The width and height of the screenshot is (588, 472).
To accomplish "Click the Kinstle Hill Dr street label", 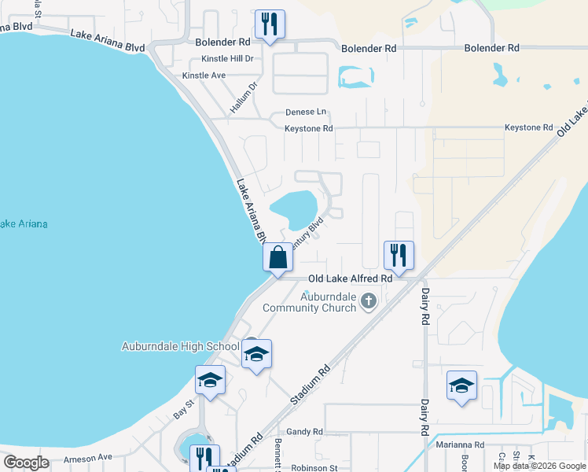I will (227, 58).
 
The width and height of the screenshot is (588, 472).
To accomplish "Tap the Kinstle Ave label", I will (204, 76).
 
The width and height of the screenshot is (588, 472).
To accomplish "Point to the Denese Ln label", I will (305, 112).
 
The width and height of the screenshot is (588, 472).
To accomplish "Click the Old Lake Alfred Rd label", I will (350, 278).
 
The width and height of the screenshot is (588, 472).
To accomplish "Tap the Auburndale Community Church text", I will (311, 301).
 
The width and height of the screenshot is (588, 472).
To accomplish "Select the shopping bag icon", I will (278, 257).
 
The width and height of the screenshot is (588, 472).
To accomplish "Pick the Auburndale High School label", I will (181, 346).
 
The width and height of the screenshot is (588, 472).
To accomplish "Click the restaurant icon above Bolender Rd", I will (270, 24).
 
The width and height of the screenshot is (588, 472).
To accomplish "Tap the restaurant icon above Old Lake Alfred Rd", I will (399, 255).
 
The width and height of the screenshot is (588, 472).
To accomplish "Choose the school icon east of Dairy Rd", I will (461, 385).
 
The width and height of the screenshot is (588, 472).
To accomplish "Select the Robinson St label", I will (314, 467).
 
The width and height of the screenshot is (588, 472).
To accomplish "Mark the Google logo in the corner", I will (27, 463).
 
